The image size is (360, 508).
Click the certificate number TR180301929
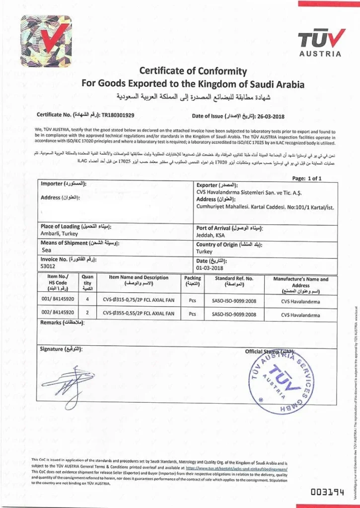[x=118, y=115]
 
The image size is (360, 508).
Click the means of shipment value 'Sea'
[x=45, y=251]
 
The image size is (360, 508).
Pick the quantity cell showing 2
[x=87, y=313]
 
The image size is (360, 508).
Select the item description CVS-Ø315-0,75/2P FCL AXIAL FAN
[x=139, y=300]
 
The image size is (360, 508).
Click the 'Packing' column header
[x=192, y=281]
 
